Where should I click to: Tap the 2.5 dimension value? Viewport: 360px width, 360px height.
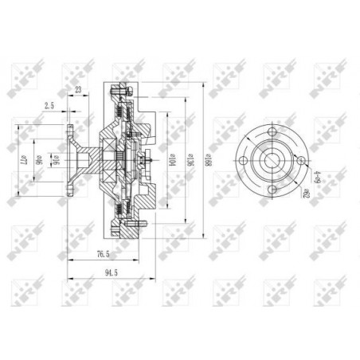pos(49,104)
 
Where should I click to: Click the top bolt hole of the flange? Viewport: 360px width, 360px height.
pos(272,132)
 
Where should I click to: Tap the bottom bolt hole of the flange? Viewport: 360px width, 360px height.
pos(272,190)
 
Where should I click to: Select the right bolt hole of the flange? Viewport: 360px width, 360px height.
pos(301,161)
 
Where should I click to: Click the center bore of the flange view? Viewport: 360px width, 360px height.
pos(272,161)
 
